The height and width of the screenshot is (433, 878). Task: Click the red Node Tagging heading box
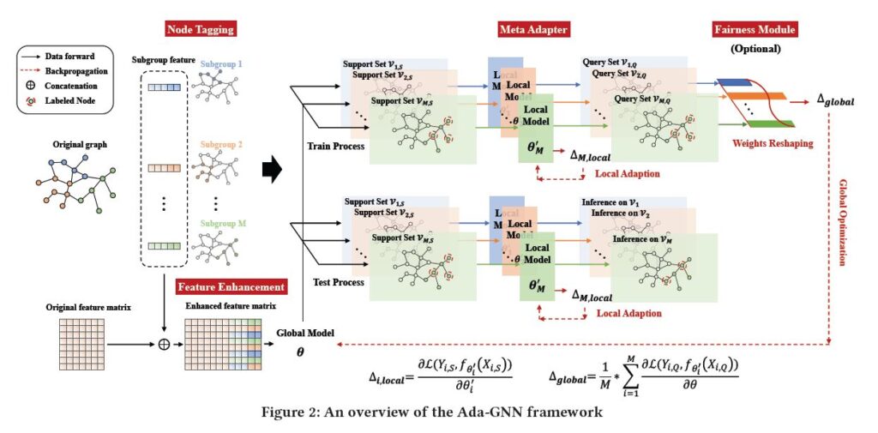tap(199, 30)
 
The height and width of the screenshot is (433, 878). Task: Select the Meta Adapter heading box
tap(532, 30)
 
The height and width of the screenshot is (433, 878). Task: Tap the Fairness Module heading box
tap(755, 30)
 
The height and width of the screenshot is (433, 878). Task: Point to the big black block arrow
tap(272, 170)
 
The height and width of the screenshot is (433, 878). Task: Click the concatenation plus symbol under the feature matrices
tap(163, 345)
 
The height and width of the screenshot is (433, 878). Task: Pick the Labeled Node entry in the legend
tap(70, 101)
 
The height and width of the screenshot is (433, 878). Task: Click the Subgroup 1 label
tap(223, 64)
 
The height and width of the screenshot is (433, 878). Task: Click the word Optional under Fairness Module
tap(755, 48)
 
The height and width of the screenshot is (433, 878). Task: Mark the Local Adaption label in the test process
tap(628, 314)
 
